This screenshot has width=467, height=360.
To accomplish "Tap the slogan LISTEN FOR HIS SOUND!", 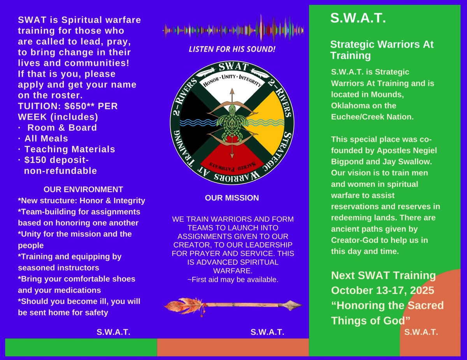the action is (232, 49).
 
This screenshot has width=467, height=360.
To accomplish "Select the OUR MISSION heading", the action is (232, 198).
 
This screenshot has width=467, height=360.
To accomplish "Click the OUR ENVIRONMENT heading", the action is (83, 189).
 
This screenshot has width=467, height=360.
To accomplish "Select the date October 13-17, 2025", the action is (383, 290).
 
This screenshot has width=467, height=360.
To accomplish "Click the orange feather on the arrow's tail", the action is (184, 306).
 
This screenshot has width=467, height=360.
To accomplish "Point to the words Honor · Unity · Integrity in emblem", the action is (232, 80).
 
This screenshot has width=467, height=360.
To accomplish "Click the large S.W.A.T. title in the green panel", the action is (358, 18).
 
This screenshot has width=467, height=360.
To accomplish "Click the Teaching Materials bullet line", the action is (67, 149).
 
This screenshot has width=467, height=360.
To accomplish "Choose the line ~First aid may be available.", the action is (233, 280).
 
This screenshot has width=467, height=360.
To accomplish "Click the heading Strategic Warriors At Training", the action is (382, 50).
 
